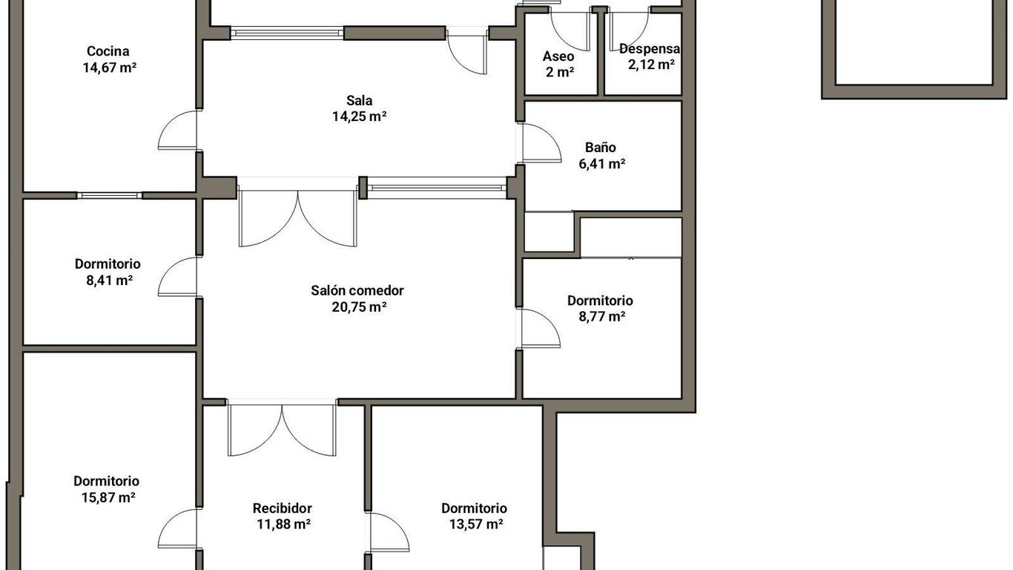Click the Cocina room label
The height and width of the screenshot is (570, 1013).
point(108,51)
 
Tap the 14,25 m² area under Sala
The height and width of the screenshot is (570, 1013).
point(360,117)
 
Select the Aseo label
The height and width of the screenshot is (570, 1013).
point(558,56)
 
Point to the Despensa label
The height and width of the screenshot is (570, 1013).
point(650,48)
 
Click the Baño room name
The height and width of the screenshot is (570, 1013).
point(601,147)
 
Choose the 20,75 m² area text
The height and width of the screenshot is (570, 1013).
point(360,307)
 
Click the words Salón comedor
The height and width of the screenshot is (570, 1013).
point(357,291)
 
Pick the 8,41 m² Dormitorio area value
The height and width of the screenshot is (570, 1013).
point(110,281)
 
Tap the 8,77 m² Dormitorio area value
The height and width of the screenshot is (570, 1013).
point(602,316)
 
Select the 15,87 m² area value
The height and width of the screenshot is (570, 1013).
point(108,498)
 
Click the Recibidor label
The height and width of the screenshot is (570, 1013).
point(283,508)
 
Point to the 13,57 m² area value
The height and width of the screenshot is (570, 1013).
point(477,524)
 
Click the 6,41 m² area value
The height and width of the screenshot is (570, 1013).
point(602,163)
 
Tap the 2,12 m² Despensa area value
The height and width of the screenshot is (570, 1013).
point(651,65)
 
